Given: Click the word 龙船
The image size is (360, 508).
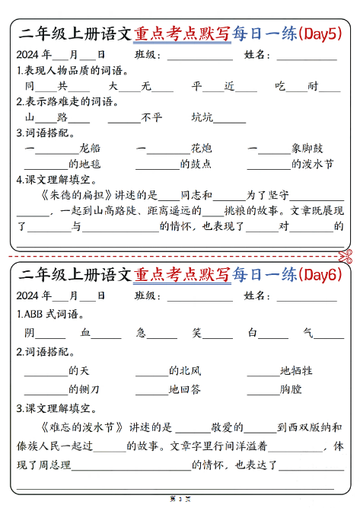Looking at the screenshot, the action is [89, 148].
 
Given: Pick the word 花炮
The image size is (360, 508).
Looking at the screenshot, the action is [201, 148].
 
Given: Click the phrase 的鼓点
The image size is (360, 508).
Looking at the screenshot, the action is [196, 164].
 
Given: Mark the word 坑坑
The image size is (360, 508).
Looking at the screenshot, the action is [202, 117].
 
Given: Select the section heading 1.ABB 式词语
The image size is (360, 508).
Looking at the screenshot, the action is [50, 314].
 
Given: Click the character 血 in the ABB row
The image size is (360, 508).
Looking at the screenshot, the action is [86, 332].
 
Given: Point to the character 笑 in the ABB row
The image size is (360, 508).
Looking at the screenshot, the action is [196, 332].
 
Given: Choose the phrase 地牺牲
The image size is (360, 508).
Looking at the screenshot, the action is [296, 371].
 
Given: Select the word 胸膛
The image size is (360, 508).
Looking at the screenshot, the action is [291, 389].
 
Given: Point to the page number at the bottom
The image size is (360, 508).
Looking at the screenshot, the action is [180, 499].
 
